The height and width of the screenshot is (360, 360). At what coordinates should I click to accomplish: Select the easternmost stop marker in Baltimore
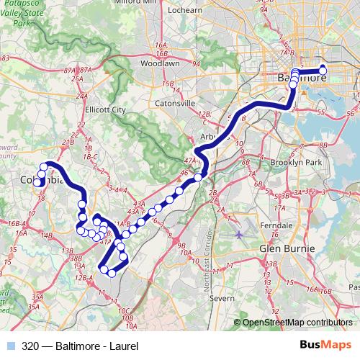coord(323,70)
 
